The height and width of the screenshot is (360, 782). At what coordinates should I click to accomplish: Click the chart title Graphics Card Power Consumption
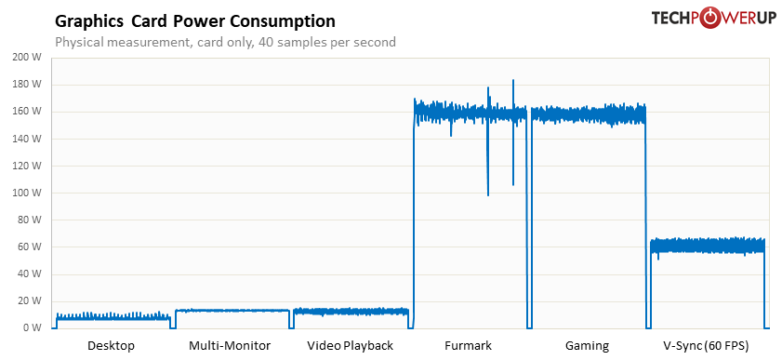(195, 20)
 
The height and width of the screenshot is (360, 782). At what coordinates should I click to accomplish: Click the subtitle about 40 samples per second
(225, 42)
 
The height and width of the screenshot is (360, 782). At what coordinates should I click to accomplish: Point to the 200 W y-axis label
(28, 58)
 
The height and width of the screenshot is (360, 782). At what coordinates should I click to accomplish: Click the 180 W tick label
(28, 85)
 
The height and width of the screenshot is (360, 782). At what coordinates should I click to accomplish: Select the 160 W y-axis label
(28, 112)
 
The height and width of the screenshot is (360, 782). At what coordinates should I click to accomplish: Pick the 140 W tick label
(28, 139)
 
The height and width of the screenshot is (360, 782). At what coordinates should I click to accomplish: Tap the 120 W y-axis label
(28, 166)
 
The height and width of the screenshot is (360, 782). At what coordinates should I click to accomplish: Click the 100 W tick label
(28, 193)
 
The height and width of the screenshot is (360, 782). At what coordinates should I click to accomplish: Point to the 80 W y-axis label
(31, 220)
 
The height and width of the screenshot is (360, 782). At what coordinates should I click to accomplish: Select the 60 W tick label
(31, 247)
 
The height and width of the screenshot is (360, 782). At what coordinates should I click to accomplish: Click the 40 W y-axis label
(31, 273)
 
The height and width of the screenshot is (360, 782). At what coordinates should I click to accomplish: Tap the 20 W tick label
(31, 300)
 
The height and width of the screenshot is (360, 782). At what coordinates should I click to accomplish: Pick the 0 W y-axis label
(33, 327)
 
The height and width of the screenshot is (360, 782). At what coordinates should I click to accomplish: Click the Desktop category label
(111, 346)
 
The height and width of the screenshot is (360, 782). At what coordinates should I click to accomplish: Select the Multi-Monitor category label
(230, 346)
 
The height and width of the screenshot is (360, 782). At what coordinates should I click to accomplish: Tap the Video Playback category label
(350, 346)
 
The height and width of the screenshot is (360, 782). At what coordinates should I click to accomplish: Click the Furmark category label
(468, 346)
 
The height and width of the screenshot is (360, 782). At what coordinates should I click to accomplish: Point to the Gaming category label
(587, 346)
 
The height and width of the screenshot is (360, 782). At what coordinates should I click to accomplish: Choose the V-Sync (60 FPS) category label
(706, 346)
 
